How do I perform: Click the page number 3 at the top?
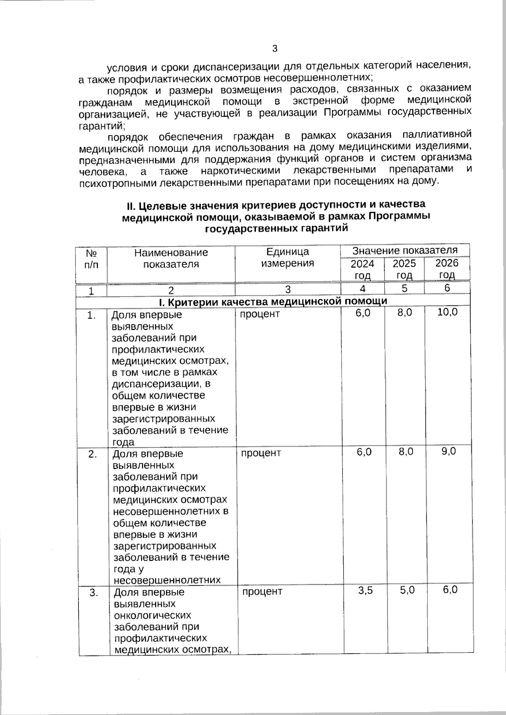pos(275,49)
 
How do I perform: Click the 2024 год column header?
pos(363,270)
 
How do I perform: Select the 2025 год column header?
pos(404,270)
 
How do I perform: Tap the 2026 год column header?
pos(447,269)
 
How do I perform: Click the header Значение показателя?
pos(405,250)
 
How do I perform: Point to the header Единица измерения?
pos(288,257)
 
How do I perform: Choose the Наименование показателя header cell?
pos(171,258)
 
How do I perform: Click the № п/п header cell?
pos(92,259)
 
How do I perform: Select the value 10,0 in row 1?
pos(447,313)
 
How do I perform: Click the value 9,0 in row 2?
pos(448,451)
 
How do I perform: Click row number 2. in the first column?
pos(92,454)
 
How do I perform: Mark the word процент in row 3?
pos(262,592)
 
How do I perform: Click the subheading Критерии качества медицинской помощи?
pos(273,301)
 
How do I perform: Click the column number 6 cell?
pos(447,288)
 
